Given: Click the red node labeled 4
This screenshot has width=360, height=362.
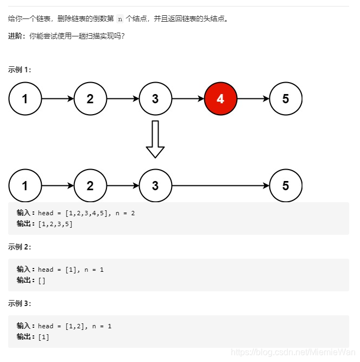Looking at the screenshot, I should point(220,99).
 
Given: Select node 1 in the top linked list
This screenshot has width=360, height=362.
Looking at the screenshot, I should point(25,99).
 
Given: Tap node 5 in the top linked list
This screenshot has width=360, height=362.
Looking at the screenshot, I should point(286,99).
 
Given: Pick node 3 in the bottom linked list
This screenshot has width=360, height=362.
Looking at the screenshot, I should point(155,186).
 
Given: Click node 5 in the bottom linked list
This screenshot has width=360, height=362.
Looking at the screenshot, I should point(286,186).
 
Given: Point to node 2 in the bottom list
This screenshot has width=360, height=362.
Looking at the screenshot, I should point(90,186).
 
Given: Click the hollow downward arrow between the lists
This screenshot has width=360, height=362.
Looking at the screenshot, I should point(155,139).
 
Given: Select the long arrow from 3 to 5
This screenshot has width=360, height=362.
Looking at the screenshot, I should point(220,186).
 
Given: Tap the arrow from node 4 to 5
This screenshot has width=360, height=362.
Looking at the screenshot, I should point(253,99).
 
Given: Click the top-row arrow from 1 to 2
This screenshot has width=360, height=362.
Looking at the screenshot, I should point(58,99).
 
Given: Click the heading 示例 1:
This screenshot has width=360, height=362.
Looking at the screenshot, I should point(20,70).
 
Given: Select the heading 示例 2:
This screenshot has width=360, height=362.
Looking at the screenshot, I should point(20,247).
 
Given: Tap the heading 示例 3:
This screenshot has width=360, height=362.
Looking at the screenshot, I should point(20,303).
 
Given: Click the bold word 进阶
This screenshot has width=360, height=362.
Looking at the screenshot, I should point(17,36).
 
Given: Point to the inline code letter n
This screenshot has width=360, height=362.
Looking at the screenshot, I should point(120,19).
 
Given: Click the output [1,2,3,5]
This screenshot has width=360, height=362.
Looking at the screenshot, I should point(55,224).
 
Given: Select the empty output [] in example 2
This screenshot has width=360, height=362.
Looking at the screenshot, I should point(42,280).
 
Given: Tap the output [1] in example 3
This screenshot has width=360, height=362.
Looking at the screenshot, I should point(43,337).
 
